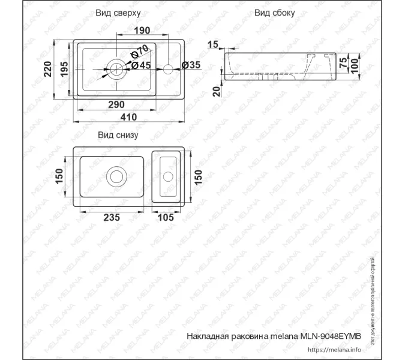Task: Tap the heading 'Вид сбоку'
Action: point(274,13)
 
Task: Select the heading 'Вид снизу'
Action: point(118,135)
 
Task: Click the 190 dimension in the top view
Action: point(142,30)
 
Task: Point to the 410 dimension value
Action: point(129,117)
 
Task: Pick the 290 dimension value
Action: point(116,104)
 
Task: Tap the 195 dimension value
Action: point(65,70)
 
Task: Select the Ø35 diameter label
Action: point(190,65)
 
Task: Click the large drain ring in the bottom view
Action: point(116,177)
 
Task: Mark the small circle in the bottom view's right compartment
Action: point(168,176)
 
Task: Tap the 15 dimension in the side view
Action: point(212,44)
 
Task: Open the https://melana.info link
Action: point(334,349)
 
